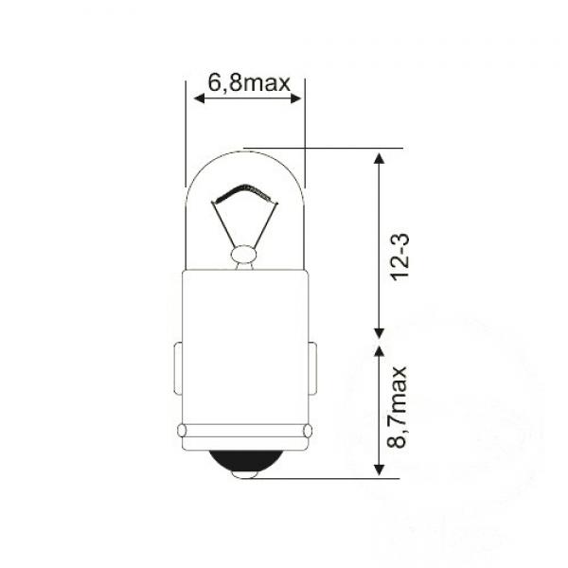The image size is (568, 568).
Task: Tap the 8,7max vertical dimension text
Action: click(x=398, y=409)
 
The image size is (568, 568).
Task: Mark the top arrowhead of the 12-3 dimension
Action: click(x=379, y=157)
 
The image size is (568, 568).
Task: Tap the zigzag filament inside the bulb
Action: click(x=245, y=193)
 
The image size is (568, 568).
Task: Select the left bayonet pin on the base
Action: click(x=179, y=369)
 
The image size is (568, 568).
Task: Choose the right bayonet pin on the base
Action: click(x=311, y=369)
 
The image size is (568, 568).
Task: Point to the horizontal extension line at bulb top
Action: click(x=322, y=149)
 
